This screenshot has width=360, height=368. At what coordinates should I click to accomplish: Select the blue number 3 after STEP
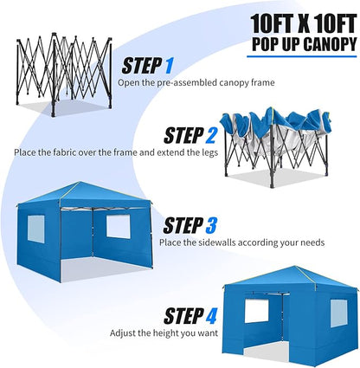click(210, 226)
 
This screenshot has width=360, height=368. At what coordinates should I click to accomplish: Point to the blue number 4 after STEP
click(211, 314)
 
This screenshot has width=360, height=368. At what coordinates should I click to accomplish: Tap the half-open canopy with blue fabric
click(275, 139)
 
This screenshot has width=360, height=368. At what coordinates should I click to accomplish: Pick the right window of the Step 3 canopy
click(117, 227)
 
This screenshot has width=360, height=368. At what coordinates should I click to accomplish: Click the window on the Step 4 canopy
click(256, 310)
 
